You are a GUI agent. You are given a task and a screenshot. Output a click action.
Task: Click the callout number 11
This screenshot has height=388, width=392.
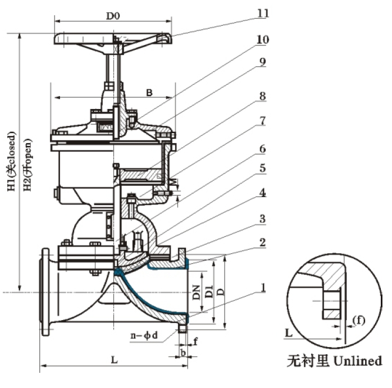[263, 13]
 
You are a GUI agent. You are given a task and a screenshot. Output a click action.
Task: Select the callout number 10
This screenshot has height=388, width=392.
[263, 39]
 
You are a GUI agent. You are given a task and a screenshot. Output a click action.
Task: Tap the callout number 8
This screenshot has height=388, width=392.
[262, 96]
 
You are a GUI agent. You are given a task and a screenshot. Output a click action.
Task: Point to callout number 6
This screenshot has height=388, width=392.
[262, 149]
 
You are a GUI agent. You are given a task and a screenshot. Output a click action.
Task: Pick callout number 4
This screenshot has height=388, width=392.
[262, 193]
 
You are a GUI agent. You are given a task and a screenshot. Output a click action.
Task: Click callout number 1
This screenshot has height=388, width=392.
[263, 287]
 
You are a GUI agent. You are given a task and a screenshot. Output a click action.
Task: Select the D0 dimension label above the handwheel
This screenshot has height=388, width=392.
[113, 16]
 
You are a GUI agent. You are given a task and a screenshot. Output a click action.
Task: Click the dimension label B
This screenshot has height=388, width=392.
[149, 93]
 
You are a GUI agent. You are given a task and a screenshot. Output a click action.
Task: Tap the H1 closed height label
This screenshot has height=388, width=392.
[11, 162]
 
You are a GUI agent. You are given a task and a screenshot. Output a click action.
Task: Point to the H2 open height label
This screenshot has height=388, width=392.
[28, 165]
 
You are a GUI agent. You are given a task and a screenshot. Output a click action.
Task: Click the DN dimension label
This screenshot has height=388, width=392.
[197, 292]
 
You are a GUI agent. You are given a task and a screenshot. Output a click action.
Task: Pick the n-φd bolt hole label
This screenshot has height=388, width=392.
[144, 336]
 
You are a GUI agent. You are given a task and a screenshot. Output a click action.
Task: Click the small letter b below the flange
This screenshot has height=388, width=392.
[183, 352]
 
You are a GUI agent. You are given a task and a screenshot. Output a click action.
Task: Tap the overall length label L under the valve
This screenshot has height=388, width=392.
[114, 360]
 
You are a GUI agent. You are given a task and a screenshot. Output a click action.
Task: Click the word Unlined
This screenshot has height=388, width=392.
[358, 360]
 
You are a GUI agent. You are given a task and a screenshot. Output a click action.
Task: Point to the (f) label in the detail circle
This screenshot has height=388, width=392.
[359, 321]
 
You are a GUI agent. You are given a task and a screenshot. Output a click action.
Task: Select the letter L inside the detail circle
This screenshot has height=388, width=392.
[289, 333]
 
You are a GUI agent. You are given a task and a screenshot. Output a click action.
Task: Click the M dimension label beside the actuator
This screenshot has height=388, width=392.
[174, 181]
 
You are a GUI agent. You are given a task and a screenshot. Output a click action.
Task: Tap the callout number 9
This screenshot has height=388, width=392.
[262, 62]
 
